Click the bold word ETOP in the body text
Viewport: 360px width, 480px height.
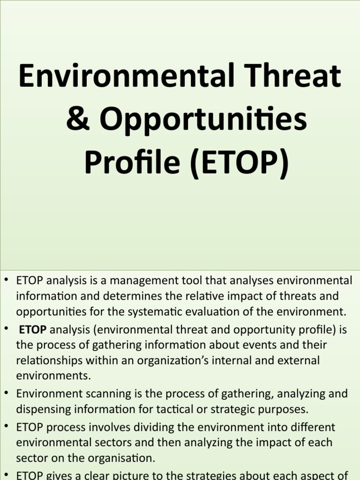pos(32,330)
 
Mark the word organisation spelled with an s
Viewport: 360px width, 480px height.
pos(126,458)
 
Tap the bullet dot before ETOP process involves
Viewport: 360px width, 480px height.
pos(7,427)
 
